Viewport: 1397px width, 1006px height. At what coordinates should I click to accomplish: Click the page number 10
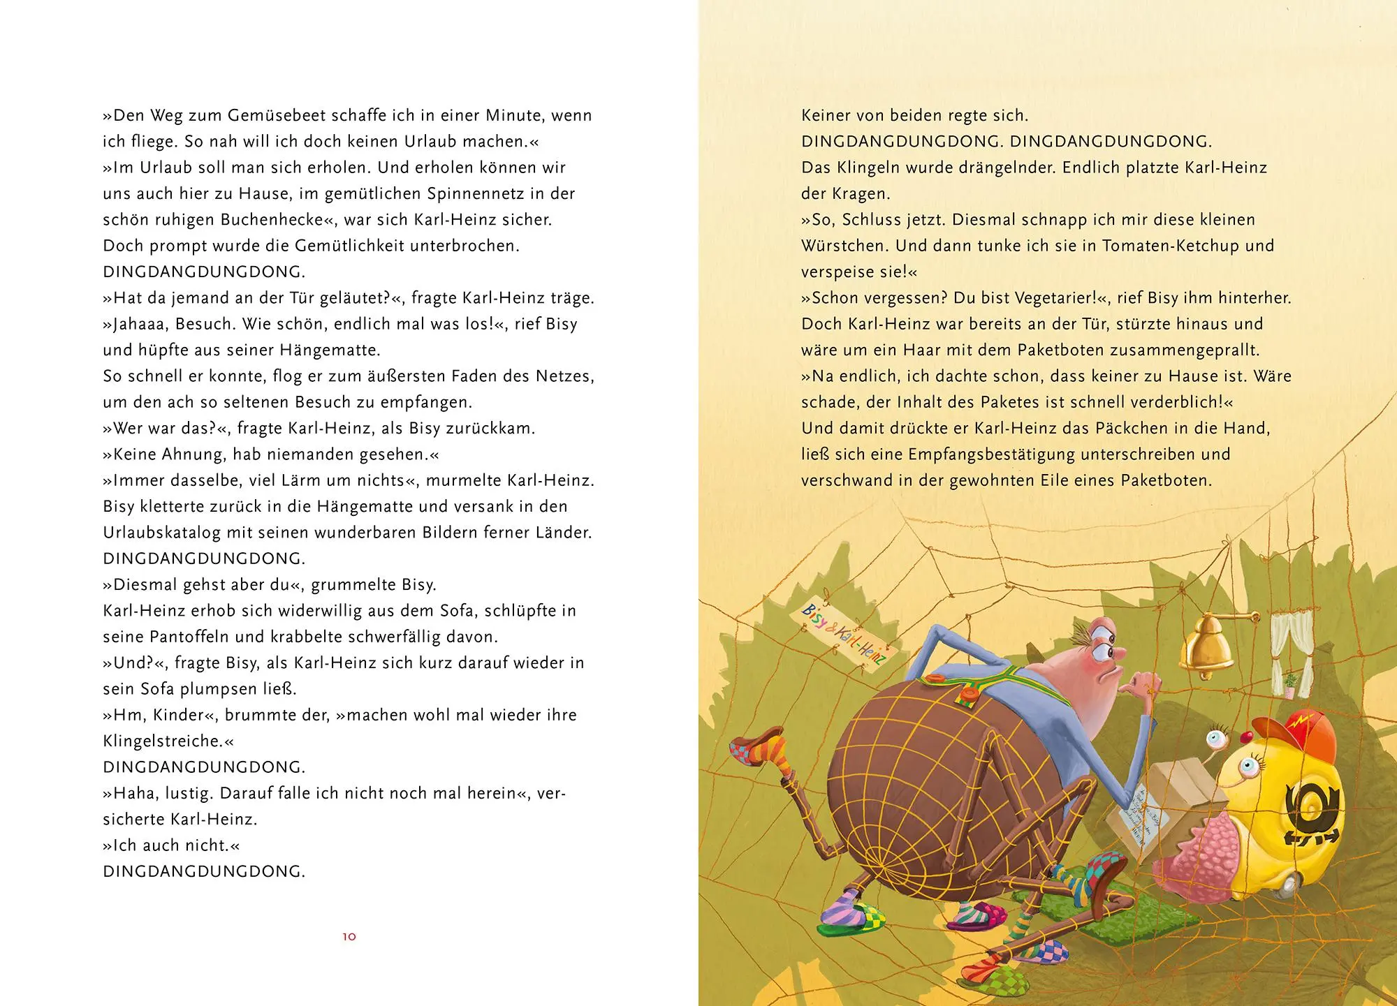coord(349,937)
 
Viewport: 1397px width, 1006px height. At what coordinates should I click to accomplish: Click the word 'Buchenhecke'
coord(277,220)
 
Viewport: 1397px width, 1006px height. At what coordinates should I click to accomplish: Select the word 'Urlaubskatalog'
coord(162,533)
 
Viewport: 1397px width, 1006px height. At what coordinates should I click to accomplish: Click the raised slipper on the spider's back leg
coord(758,747)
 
